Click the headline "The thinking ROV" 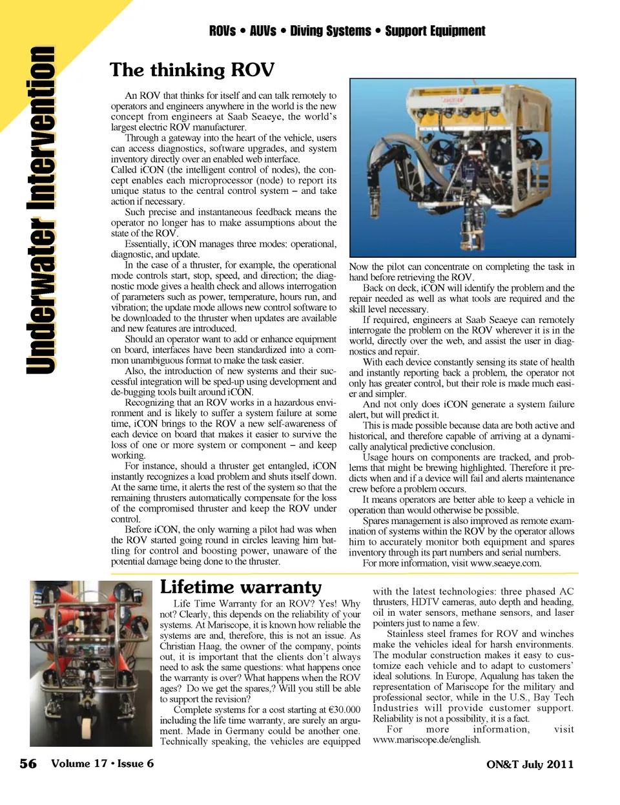(192, 70)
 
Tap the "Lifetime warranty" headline (240, 587)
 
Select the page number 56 (28, 764)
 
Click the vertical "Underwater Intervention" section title (40, 210)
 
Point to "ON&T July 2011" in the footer (530, 764)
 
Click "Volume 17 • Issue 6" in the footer (102, 764)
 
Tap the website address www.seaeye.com (506, 563)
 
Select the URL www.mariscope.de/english (426, 740)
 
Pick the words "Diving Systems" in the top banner (331, 31)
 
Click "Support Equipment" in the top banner (435, 31)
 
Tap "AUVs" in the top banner (263, 31)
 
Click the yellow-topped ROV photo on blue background (462, 168)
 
